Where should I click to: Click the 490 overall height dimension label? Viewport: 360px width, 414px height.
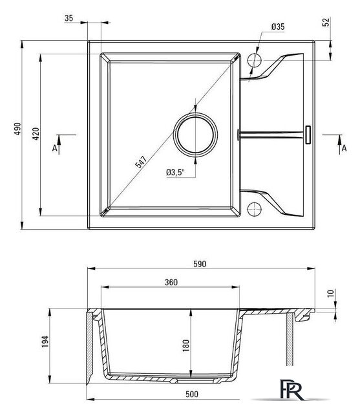tap(17, 129)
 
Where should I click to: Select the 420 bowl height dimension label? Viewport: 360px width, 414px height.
tap(36, 134)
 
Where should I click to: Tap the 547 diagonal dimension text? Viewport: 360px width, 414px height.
tap(141, 162)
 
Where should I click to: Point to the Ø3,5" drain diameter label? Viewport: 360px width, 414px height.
tap(175, 173)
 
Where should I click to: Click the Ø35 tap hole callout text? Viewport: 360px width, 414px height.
tap(278, 27)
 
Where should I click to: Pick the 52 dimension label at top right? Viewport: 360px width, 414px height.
tap(326, 22)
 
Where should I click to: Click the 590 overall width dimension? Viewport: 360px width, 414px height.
tap(200, 264)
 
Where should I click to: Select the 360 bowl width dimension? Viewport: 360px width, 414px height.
tap(171, 282)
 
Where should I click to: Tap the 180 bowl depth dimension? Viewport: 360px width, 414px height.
tap(186, 345)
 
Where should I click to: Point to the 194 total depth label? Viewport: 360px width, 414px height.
tap(45, 342)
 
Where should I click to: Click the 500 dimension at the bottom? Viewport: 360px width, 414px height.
tap(192, 394)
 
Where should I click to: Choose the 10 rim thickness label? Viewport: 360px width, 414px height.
tap(330, 293)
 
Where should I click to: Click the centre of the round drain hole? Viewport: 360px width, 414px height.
tap(195, 135)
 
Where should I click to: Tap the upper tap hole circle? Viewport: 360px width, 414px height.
tap(255, 60)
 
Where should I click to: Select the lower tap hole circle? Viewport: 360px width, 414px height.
tap(255, 209)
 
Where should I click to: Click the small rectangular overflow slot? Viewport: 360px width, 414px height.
tap(308, 135)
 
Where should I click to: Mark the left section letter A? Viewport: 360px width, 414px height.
tap(54, 148)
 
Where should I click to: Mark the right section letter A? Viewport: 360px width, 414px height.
tap(344, 148)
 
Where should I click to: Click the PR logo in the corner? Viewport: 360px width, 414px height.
tap(292, 389)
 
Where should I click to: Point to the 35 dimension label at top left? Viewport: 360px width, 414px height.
tap(69, 18)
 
